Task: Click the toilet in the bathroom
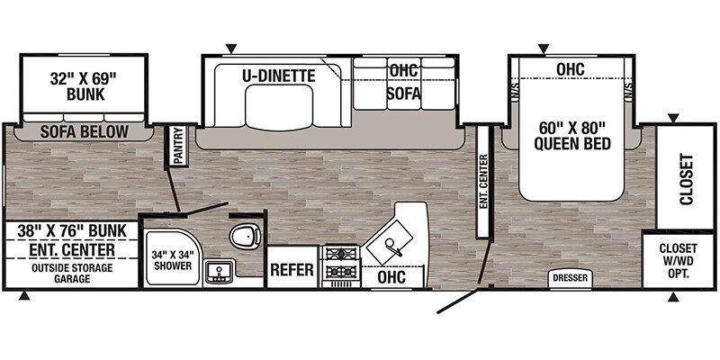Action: (245, 237)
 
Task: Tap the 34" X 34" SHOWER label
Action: (171, 259)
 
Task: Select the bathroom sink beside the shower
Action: (219, 272)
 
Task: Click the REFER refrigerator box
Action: (292, 269)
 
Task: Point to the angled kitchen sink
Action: (390, 242)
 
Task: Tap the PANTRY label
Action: (177, 146)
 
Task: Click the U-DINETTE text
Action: (279, 76)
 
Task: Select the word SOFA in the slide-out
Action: (403, 94)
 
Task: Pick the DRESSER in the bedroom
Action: (570, 278)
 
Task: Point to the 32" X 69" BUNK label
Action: (85, 85)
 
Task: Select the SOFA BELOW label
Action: (84, 131)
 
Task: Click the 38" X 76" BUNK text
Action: (72, 230)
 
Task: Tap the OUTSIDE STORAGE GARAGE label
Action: (72, 274)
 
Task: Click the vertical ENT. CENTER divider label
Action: (482, 183)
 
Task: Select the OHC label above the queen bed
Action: (571, 69)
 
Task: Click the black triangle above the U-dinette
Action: (231, 49)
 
